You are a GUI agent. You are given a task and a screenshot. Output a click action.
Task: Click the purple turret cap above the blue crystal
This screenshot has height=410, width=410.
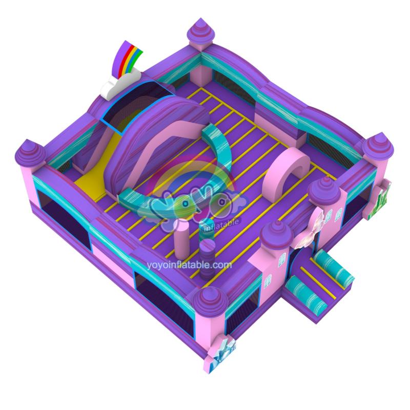pos(211,301)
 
